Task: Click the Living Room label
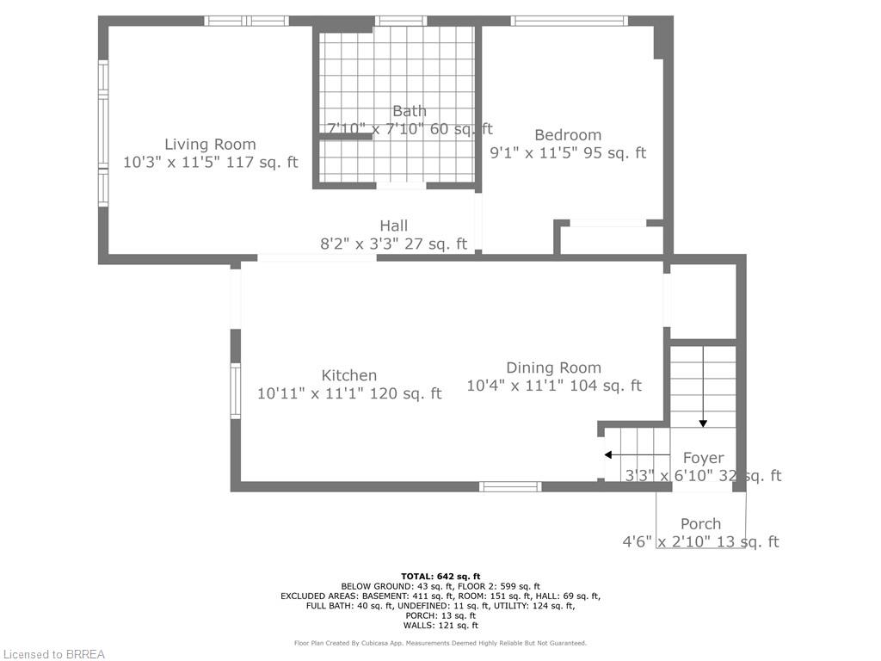pyautogui.click(x=210, y=145)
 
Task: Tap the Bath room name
pyautogui.click(x=410, y=111)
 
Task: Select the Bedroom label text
pyautogui.click(x=568, y=135)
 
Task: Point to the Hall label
pyautogui.click(x=394, y=226)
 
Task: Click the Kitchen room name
pyautogui.click(x=349, y=375)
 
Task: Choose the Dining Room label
pyautogui.click(x=553, y=368)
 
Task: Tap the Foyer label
pyautogui.click(x=703, y=458)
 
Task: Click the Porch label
pyautogui.click(x=700, y=523)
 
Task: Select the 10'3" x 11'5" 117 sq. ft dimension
pyautogui.click(x=211, y=162)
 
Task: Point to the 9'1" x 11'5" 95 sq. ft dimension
pyautogui.click(x=568, y=153)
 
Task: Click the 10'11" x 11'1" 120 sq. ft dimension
pyautogui.click(x=349, y=393)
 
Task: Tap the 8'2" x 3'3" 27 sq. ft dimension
pyautogui.click(x=394, y=244)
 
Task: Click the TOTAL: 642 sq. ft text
pyautogui.click(x=440, y=576)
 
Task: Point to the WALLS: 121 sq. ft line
pyautogui.click(x=440, y=626)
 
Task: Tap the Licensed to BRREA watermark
pyautogui.click(x=53, y=654)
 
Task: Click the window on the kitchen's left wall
pyautogui.click(x=235, y=391)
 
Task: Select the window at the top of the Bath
pyautogui.click(x=401, y=22)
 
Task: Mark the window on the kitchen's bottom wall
pyautogui.click(x=510, y=486)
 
